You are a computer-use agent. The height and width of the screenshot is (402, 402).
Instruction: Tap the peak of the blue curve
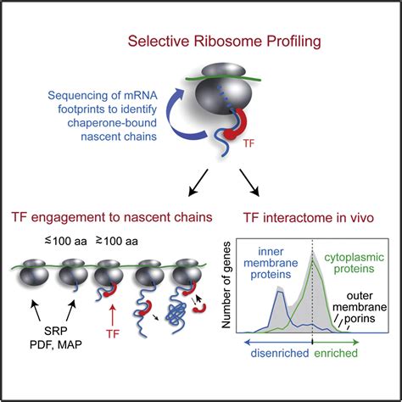(278, 290)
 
